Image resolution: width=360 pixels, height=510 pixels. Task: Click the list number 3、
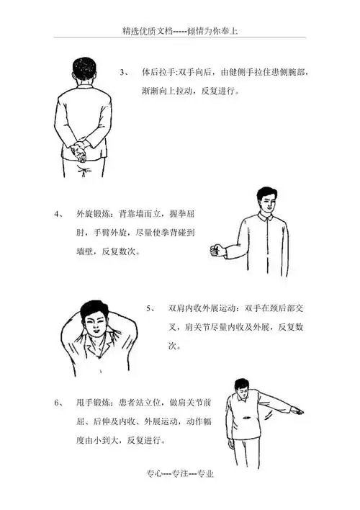(125, 73)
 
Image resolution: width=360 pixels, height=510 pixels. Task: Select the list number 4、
(58, 214)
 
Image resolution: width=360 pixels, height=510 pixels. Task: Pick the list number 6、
(58, 403)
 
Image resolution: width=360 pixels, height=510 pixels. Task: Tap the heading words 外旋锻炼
(91, 214)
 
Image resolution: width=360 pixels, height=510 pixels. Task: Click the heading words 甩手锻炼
(91, 403)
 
